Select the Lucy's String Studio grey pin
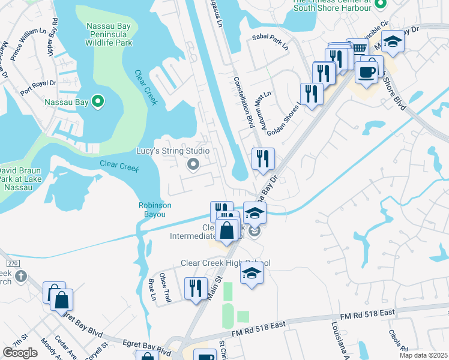[x=193, y=164]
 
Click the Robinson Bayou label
[x=155, y=209]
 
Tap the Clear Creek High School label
[x=226, y=263]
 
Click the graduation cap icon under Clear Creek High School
[x=252, y=274]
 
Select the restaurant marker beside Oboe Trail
[x=196, y=289]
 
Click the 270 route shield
[x=10, y=263]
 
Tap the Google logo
[x=20, y=352]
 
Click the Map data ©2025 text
[x=424, y=355]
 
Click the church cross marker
[x=21, y=276]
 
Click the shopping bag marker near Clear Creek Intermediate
[x=226, y=230]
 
